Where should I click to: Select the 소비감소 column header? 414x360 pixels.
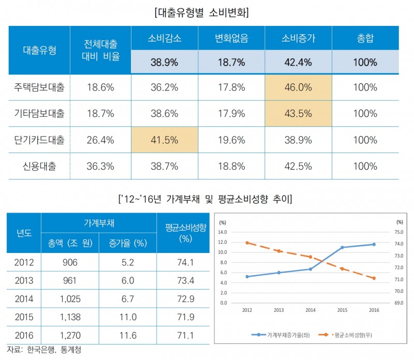(165, 38)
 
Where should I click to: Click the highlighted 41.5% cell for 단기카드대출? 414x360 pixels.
(165, 140)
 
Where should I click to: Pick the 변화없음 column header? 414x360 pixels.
(231, 38)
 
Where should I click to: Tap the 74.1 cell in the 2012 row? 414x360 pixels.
(185, 263)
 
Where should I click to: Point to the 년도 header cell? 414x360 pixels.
(24, 233)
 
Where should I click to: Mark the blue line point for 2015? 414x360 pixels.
(342, 247)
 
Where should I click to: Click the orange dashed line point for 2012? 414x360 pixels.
(247, 243)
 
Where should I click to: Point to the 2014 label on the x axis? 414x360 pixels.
(310, 310)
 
